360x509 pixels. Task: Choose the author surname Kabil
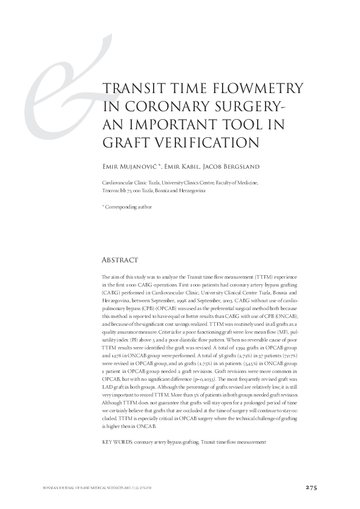pyautogui.click(x=199, y=166)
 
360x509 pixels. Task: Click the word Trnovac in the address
pyautogui.click(x=112, y=190)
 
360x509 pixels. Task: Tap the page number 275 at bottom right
pyautogui.click(x=311, y=488)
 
